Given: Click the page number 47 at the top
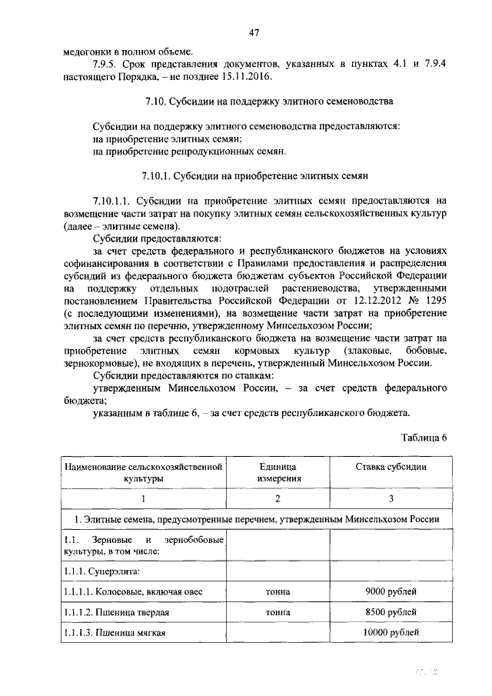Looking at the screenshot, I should pyautogui.click(x=254, y=32).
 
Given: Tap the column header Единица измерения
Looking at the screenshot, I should pyautogui.click(x=278, y=472).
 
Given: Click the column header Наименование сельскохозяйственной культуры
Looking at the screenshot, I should pyautogui.click(x=144, y=472).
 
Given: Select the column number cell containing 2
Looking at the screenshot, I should pyautogui.click(x=278, y=499).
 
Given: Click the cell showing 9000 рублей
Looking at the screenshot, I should pyautogui.click(x=391, y=591).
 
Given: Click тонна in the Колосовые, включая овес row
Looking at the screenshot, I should pyautogui.click(x=278, y=591).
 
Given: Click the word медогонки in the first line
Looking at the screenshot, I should pyautogui.click(x=88, y=51).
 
